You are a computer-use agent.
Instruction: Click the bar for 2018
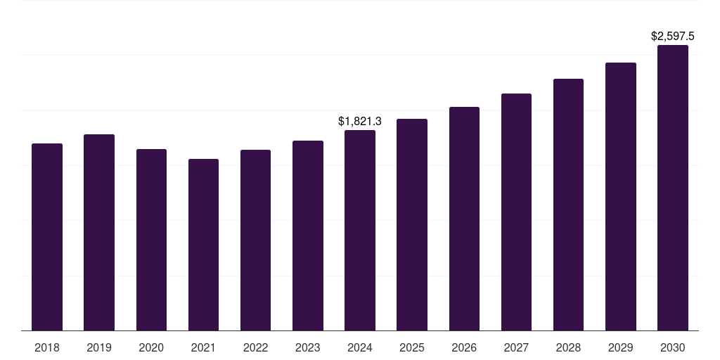[x=47, y=237]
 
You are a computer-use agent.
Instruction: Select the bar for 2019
[x=99, y=232]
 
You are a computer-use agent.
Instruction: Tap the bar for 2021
[x=203, y=245]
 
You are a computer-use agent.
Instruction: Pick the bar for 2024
[x=360, y=230]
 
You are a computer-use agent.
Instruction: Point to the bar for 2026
[x=464, y=219]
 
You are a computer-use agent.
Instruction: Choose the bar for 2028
[x=568, y=205]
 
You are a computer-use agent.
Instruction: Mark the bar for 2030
[x=673, y=188]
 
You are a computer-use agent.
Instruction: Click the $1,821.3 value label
[x=360, y=122]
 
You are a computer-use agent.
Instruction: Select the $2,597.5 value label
[x=673, y=36]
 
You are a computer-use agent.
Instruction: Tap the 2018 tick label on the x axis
[x=47, y=347]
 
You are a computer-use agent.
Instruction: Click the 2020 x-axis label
[x=151, y=347]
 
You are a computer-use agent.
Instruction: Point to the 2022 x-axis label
[x=255, y=347]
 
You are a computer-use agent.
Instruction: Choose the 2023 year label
[x=307, y=347]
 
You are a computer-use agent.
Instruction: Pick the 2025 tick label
[x=412, y=347]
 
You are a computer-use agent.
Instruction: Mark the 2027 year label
[x=516, y=347]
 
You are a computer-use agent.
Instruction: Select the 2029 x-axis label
[x=620, y=347]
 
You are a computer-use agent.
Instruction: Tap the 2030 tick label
[x=673, y=347]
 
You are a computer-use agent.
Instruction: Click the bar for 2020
[x=151, y=240]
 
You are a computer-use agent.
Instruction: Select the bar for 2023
[x=307, y=236]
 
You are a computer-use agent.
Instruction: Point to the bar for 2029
[x=620, y=196]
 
